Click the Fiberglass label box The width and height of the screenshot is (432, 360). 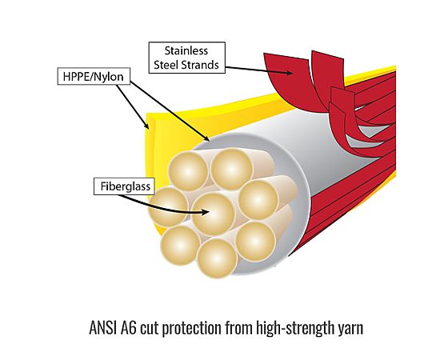pos(124,186)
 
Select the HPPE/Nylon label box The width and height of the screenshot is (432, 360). pos(94,76)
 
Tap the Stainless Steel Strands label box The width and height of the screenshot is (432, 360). pos(186,58)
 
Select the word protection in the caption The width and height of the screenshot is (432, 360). pos(194,329)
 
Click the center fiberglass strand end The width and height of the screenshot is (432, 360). pos(213,214)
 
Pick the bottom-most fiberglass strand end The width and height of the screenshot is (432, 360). pos(217,258)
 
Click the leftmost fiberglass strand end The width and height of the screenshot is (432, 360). pos(168,206)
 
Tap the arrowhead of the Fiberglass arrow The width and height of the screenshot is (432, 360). pos(206,212)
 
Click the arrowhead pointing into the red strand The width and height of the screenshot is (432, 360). pos(289,73)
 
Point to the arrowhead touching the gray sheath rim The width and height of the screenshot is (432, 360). pos(206,138)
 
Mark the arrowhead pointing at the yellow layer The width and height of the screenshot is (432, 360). pos(146,126)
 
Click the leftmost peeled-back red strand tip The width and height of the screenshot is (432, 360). pos(285,56)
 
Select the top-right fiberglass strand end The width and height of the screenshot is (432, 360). pos(231,169)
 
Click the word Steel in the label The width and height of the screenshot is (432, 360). pos(166,65)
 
